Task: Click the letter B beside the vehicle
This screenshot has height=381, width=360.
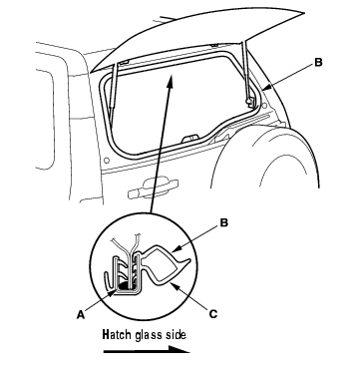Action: tap(318, 62)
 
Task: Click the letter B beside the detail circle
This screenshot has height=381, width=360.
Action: tap(224, 222)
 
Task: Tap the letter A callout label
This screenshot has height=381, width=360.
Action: tap(81, 314)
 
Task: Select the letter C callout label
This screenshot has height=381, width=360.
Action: tap(213, 313)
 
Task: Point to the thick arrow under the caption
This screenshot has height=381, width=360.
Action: tap(147, 350)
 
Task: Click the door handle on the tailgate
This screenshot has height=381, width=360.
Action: tap(153, 189)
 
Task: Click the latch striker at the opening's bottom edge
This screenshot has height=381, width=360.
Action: tap(189, 138)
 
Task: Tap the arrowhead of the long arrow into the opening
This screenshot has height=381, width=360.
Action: tap(171, 82)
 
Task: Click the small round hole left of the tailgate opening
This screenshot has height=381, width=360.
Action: tap(107, 161)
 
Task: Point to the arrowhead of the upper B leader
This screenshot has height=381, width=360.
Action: tap(265, 89)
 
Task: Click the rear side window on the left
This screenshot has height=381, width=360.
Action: tap(45, 120)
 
